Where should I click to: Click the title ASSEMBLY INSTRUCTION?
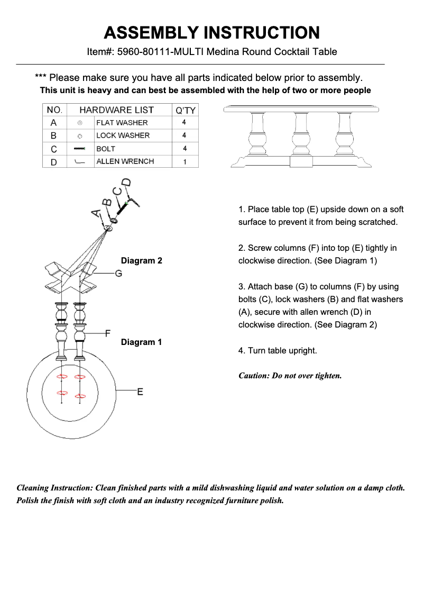tap(211, 33)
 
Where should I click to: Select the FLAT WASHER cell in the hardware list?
tap(122, 123)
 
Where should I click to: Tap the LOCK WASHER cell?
tap(123, 135)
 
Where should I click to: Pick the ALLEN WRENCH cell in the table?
tap(125, 161)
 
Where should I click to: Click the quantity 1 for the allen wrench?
tap(185, 162)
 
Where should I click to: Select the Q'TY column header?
tap(185, 110)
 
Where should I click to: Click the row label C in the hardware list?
tap(54, 149)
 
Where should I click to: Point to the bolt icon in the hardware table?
tap(80, 149)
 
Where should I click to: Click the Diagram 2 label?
tap(141, 260)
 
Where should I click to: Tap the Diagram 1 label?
tap(141, 342)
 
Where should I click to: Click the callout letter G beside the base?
tap(118, 273)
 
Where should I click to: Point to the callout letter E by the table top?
tap(140, 392)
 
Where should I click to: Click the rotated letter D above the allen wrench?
tap(127, 184)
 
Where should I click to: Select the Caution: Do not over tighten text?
tap(290, 376)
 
